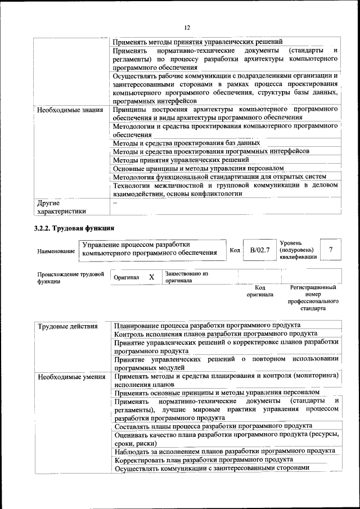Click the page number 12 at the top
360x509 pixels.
click(x=187, y=27)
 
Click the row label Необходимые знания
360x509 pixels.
click(x=70, y=110)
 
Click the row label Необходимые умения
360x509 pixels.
click(x=69, y=377)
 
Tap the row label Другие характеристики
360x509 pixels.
click(x=61, y=208)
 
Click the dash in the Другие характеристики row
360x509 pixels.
click(x=115, y=203)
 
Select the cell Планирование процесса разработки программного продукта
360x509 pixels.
click(x=207, y=325)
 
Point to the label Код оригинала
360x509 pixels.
click(x=259, y=291)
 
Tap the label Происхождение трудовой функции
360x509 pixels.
click(x=70, y=277)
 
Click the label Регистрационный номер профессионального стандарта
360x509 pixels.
click(x=313, y=298)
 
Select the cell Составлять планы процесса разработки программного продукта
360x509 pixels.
click(x=213, y=426)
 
